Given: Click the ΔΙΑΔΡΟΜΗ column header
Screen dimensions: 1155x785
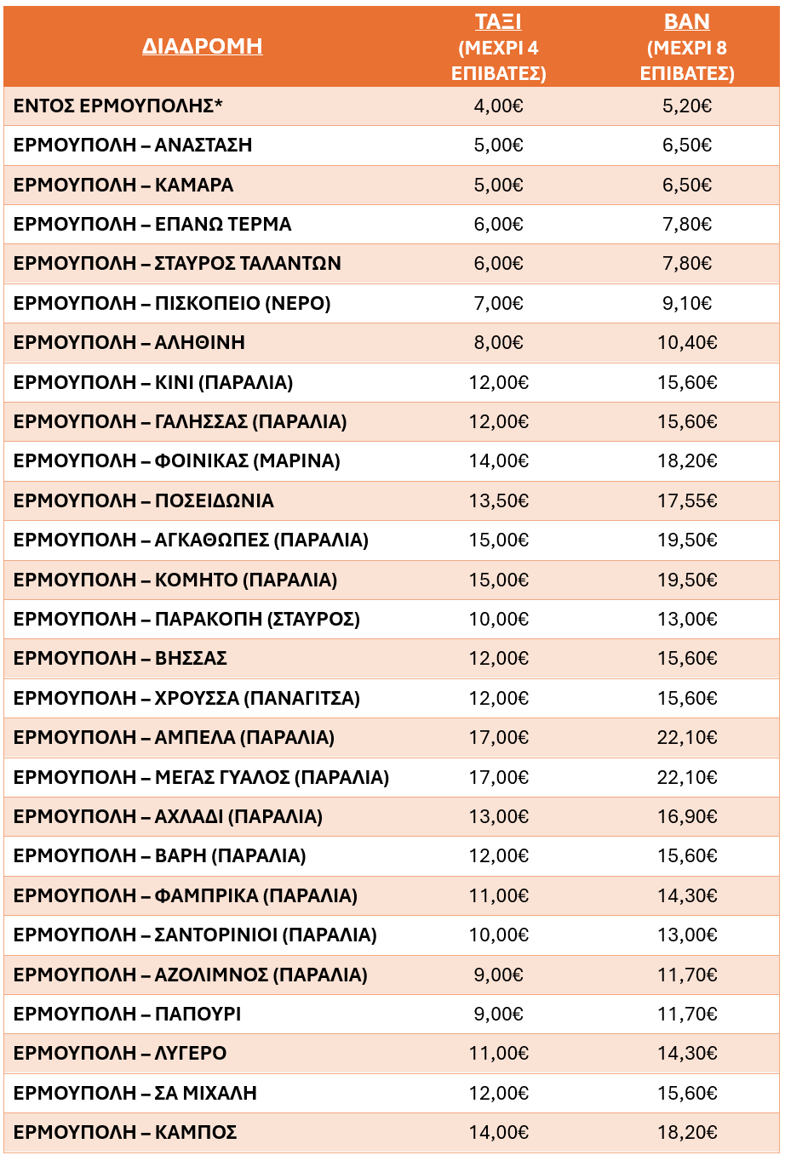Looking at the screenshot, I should coord(202,46).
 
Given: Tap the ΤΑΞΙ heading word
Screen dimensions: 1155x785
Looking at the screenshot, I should coord(498,22).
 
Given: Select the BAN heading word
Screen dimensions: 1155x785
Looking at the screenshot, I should coord(686,22).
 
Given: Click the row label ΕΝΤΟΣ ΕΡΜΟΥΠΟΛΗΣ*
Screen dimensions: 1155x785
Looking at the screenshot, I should coord(118,106).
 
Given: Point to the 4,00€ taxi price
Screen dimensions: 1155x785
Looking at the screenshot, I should coord(498,106).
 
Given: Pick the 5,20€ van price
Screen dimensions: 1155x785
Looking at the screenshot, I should coord(686,106).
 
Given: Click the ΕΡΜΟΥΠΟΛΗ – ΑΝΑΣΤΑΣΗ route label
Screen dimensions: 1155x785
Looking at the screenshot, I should coord(133,146).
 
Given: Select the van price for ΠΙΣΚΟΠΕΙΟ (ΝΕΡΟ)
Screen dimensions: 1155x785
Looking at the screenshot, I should coord(686,304).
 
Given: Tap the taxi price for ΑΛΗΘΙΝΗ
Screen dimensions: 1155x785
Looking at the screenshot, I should coord(498,343).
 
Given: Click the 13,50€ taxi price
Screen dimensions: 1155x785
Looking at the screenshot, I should coord(498,501).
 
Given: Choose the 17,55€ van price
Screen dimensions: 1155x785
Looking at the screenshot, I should coord(686,501).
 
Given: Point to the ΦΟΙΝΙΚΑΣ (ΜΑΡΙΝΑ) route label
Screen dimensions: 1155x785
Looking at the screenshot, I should coord(177,461).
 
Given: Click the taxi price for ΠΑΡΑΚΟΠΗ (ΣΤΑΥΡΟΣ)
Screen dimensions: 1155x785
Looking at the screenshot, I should coord(498,620).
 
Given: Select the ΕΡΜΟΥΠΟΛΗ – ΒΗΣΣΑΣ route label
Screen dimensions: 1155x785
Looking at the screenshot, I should coord(120,659).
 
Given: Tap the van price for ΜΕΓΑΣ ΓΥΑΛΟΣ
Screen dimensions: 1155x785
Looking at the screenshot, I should coord(686,777).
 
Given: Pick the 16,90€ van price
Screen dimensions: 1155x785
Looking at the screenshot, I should coord(686,817).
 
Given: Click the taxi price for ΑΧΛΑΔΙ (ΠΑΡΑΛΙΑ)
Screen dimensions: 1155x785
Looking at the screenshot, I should coord(498,817).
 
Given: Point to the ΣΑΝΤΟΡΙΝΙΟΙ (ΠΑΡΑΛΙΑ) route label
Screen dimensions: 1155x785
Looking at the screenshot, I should coord(195,935).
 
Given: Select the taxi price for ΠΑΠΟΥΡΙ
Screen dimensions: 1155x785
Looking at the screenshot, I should coord(498,1015).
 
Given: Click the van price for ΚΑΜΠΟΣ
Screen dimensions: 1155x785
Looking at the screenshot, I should coord(686,1133).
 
